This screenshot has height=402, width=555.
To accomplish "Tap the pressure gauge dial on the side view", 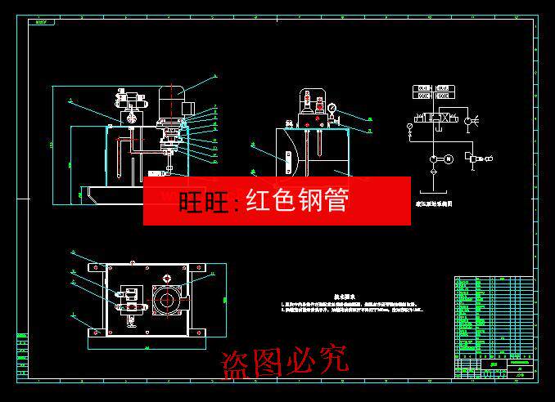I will coord(333,106).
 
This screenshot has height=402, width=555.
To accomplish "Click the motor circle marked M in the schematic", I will coord(448,159).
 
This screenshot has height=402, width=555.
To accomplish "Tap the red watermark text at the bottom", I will coord(284,360).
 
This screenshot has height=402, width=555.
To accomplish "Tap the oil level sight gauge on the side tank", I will coord(290,155).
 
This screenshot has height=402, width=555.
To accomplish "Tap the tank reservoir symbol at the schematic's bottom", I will coord(433,191).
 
